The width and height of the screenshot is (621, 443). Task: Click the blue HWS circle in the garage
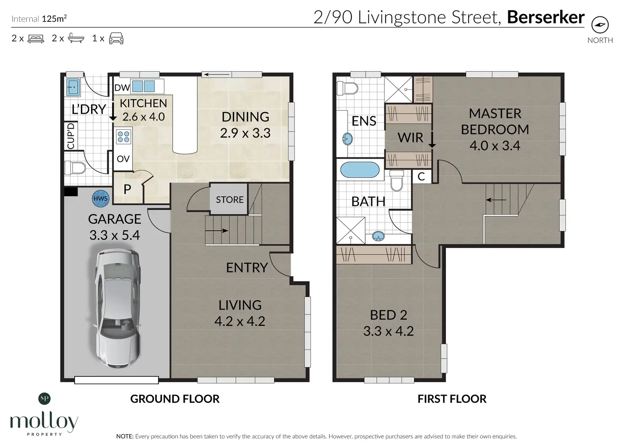click(x=100, y=198)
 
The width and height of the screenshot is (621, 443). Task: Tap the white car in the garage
click(x=118, y=308)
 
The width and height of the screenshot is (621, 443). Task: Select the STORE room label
click(x=229, y=200)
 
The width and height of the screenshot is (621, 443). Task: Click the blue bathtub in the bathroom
click(x=359, y=170)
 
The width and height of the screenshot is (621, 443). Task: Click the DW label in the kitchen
click(x=122, y=88)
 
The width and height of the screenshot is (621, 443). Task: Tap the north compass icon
click(x=600, y=25)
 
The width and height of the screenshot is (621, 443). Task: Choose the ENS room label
click(x=364, y=121)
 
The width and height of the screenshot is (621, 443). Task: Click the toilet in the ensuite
click(x=347, y=89)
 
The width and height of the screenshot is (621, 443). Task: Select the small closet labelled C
click(x=421, y=177)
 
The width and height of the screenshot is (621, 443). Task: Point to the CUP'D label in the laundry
click(x=71, y=136)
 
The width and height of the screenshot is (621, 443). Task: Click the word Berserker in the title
click(x=545, y=17)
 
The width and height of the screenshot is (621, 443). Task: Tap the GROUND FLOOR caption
click(x=175, y=399)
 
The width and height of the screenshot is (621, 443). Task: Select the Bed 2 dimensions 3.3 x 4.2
click(x=389, y=331)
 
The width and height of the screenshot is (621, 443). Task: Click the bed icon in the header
click(x=36, y=38)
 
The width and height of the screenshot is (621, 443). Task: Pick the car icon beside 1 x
click(x=116, y=38)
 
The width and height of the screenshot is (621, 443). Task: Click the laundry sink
click(x=73, y=87)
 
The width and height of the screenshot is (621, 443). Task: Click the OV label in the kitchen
click(x=123, y=159)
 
